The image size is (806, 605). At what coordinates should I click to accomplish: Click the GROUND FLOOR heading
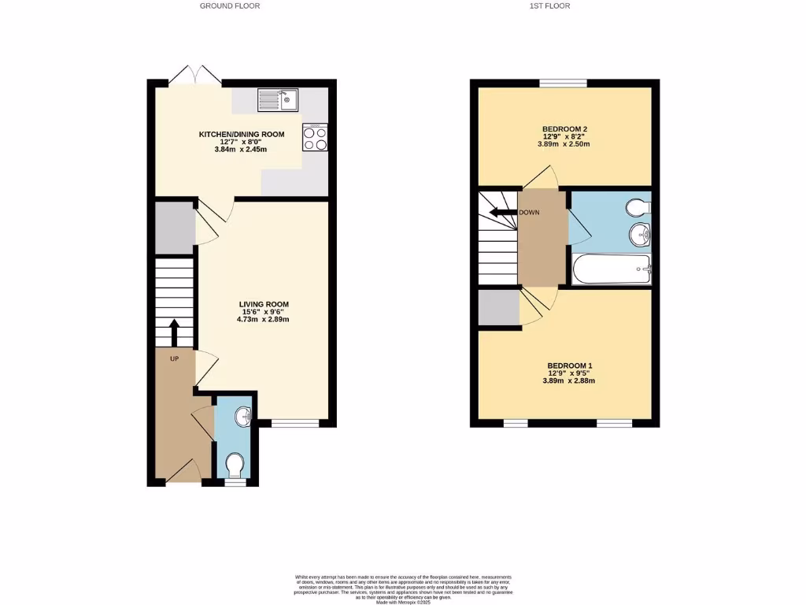coord(229,6)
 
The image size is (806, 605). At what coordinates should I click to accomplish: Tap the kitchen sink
coord(276,100)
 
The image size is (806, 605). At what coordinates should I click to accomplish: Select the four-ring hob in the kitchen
coord(315,139)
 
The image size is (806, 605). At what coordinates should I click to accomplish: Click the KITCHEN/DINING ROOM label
coord(241,135)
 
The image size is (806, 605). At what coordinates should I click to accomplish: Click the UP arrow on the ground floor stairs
coord(174,331)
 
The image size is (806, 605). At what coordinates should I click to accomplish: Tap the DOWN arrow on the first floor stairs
coord(501,212)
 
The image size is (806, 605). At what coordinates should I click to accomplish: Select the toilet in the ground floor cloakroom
coord(234,464)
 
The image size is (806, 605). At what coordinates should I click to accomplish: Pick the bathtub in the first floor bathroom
coord(612,269)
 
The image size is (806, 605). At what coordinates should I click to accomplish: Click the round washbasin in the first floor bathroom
coord(640,234)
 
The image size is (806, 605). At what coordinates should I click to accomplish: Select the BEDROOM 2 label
coord(564,129)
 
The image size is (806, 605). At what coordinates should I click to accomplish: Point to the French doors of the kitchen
coord(194,76)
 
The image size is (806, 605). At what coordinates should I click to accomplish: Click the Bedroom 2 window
coord(563,83)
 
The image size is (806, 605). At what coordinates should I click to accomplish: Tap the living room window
coord(295,424)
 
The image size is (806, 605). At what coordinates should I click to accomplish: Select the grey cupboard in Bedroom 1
coord(498,308)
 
